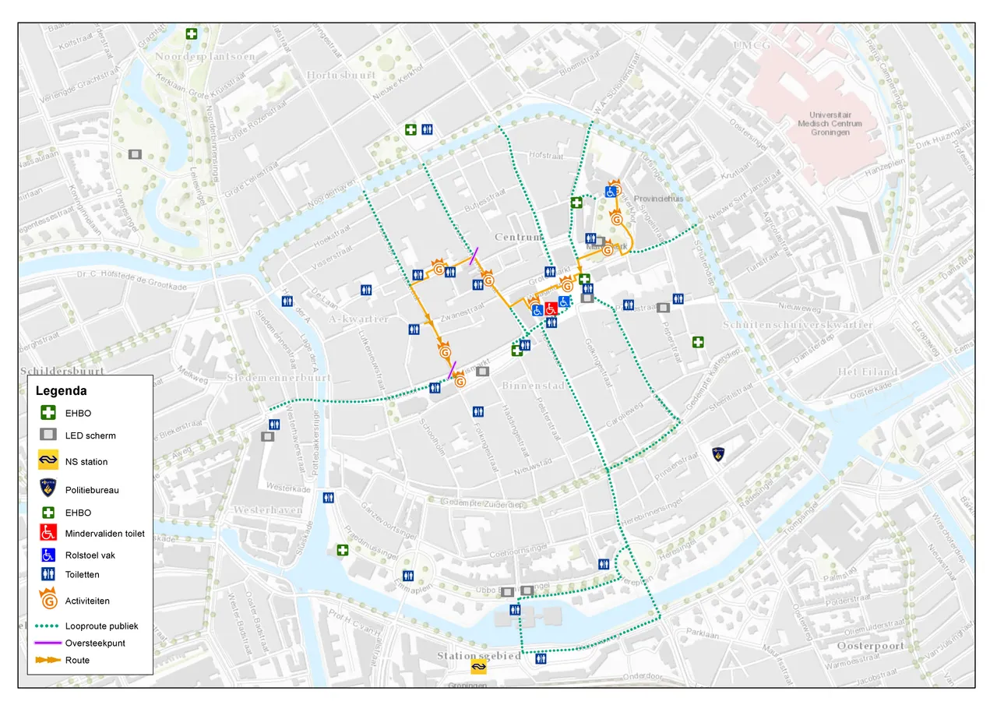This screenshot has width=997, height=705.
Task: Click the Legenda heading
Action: click(x=61, y=391)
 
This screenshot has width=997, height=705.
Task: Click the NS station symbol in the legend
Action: click(x=48, y=461)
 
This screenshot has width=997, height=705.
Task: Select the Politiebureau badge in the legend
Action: click(x=48, y=489)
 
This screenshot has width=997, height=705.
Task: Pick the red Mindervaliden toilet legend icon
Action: click(x=48, y=534)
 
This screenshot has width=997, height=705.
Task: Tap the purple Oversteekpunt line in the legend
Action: click(x=48, y=643)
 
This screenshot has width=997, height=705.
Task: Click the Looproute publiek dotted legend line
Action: click(x=48, y=626)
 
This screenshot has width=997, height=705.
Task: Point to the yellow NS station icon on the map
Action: click(x=477, y=666)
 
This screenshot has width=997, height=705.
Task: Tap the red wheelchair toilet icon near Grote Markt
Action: click(x=551, y=308)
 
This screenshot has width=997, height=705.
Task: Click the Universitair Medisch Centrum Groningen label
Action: click(x=830, y=123)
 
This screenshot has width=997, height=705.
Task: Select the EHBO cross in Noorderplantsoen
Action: click(x=192, y=33)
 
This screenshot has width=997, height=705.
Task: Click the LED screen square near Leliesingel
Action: click(x=135, y=154)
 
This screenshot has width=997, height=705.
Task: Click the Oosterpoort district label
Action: click(x=870, y=647)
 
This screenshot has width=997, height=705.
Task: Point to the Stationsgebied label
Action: click(x=478, y=656)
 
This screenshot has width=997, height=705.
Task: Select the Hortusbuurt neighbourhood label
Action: click(x=341, y=75)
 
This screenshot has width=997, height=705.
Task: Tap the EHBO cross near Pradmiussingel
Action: click(x=342, y=550)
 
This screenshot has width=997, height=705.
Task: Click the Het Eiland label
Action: click(x=868, y=372)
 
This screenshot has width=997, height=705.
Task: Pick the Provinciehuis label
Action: click(x=658, y=199)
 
